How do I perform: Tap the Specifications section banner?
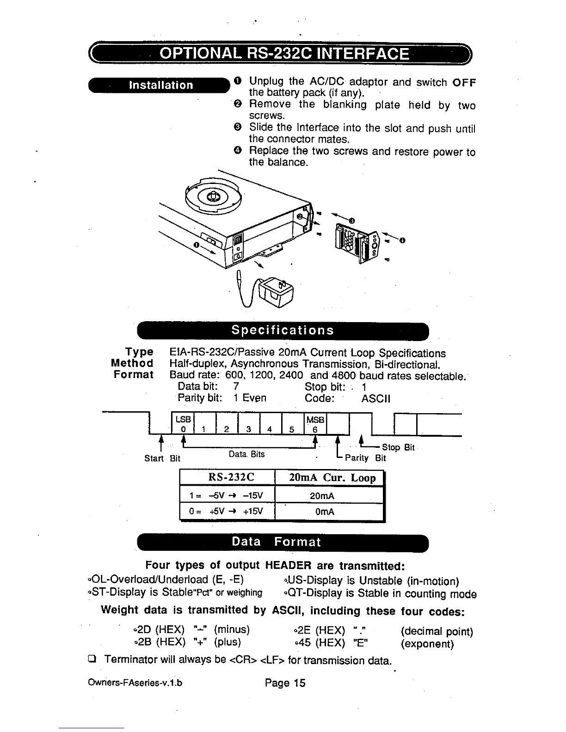coord(283,330)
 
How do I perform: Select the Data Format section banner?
coord(283,542)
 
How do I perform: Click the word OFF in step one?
coord(464,83)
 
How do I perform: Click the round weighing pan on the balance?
coord(212,197)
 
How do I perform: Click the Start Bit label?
coord(162,458)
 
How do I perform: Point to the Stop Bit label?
coord(398,447)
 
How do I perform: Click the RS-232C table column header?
coord(227,477)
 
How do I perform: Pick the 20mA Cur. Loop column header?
coord(329,477)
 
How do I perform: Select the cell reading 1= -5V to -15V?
coord(227,496)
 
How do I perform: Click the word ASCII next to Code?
coord(375,398)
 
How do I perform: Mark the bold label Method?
coord(132,363)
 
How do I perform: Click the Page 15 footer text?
coord(285,683)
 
